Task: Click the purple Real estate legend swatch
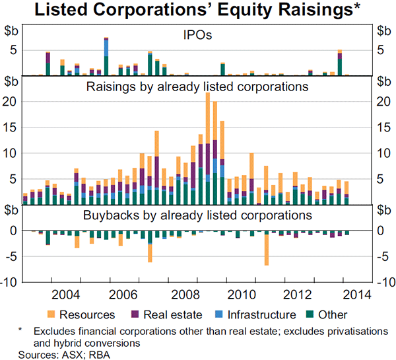pos(137,314)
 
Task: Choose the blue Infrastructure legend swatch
pos(220,314)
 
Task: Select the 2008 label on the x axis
pos(181,295)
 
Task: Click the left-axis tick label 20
pos(11,101)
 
